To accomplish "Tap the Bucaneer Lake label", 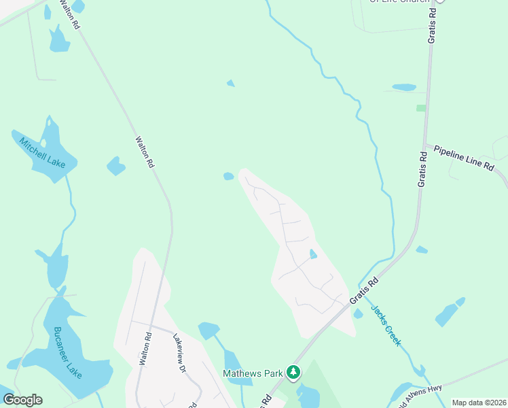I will [67, 352].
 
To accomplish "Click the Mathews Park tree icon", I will [293, 372].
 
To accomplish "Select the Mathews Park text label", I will [253, 373].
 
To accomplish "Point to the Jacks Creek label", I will [385, 325].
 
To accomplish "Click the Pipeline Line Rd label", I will [464, 157].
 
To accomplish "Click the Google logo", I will [22, 399].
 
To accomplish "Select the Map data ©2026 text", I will [479, 403].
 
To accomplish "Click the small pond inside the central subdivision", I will [313, 254].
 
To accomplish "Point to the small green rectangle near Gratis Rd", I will [421, 108].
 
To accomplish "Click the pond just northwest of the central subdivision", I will [229, 177].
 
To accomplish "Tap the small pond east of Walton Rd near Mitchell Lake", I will [116, 166].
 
